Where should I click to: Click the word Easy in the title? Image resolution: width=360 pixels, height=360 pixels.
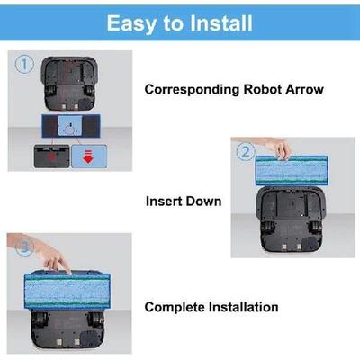(x=131, y=22)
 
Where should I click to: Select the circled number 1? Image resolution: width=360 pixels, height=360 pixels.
(x=23, y=65)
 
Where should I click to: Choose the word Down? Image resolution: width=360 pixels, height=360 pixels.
(x=206, y=202)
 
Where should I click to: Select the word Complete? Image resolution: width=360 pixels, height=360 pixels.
(x=176, y=308)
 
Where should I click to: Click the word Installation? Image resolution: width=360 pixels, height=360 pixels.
(x=244, y=308)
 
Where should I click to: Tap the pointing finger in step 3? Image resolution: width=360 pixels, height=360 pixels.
(x=59, y=263)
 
